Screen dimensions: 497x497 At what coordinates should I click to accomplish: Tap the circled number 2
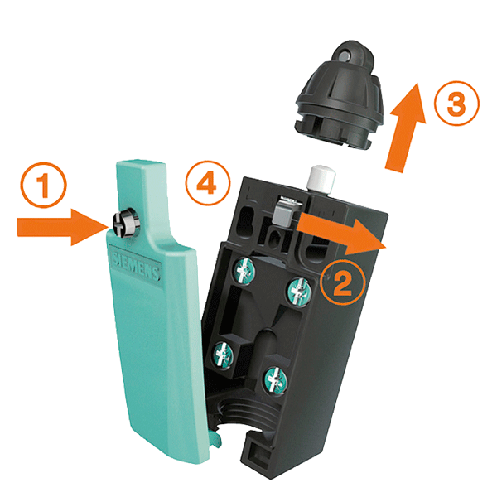(343, 282)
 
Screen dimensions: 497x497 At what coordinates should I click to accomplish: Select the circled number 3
(456, 104)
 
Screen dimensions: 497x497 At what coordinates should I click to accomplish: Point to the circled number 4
(208, 183)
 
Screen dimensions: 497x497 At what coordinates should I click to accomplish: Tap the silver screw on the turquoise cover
(126, 223)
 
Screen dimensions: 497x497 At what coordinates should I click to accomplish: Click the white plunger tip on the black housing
(322, 178)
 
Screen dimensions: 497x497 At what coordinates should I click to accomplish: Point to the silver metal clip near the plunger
(285, 210)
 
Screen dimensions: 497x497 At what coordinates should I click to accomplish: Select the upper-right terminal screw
(298, 292)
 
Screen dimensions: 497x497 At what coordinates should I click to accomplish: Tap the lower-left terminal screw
(224, 355)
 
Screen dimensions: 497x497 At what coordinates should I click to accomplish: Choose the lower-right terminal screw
(276, 380)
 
